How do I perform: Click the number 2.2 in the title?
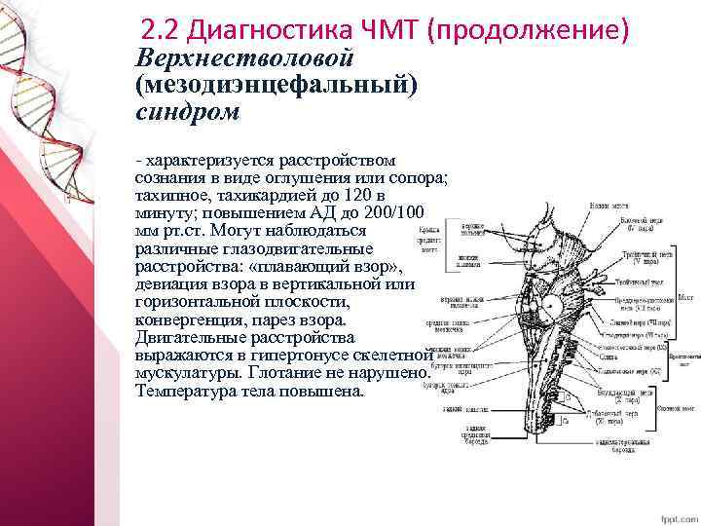156,27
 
